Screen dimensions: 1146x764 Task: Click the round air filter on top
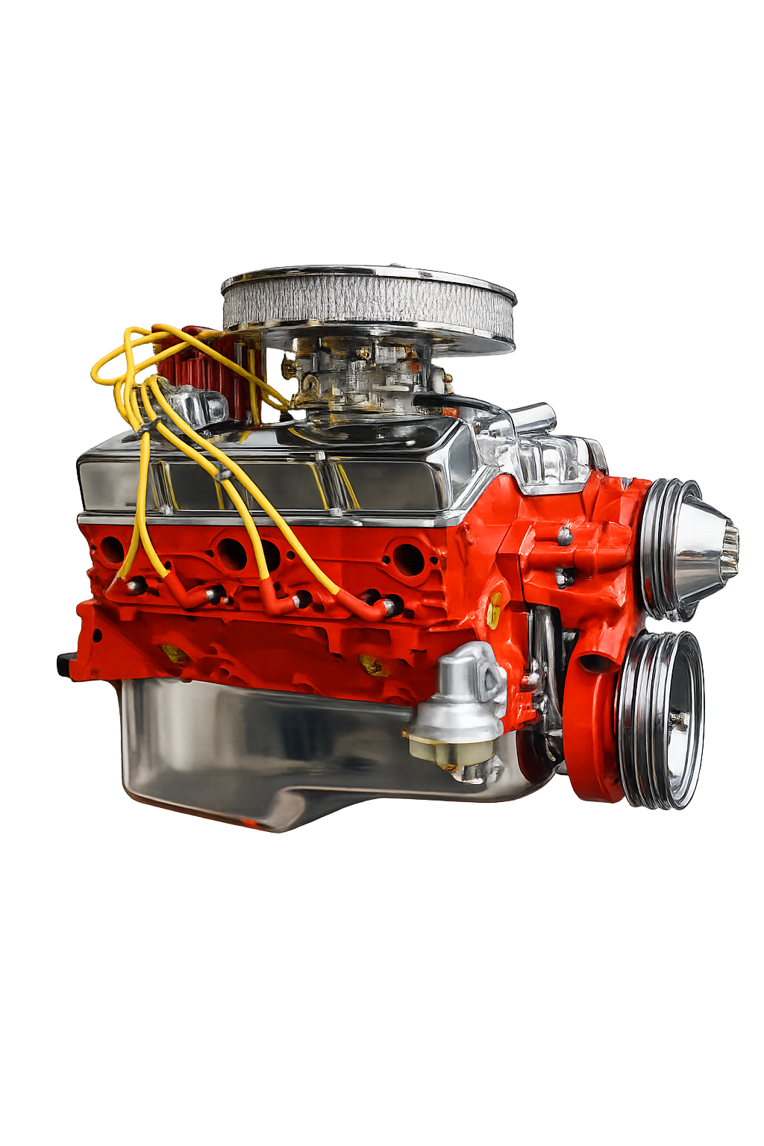coord(368,306)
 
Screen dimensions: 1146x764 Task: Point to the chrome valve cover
coord(276,477)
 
